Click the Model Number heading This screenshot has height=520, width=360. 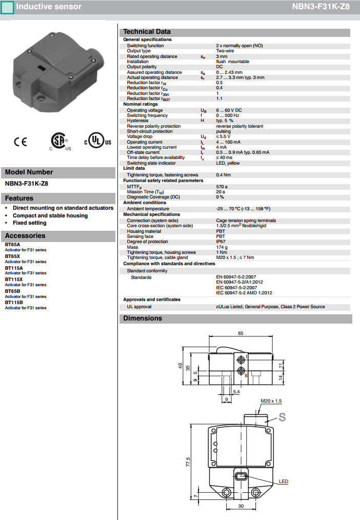29,172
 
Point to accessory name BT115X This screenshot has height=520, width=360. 14,279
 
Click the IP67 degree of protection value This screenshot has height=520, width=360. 221,242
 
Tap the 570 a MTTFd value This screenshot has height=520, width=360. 222,187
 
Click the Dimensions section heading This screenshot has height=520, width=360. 143,318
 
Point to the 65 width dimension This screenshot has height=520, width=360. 241,333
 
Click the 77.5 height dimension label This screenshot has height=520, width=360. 188,462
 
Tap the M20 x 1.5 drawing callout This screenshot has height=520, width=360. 271,401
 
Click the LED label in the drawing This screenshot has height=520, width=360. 284,481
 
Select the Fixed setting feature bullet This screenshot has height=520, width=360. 30,223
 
